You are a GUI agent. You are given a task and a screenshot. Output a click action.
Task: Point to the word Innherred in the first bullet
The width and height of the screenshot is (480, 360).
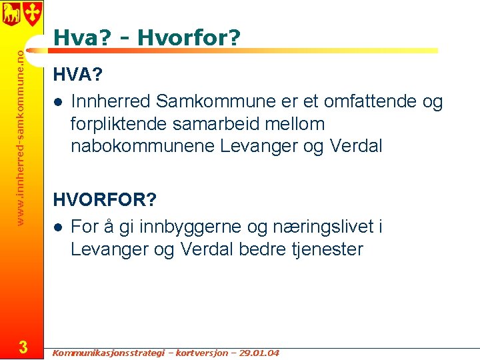[111, 102]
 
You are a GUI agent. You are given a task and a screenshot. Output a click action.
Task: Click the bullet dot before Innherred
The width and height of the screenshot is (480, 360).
[59, 103]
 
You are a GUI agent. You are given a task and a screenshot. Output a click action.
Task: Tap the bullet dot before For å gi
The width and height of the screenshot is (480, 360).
[59, 228]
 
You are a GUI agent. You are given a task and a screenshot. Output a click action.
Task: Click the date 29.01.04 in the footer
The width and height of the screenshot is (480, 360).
[257, 353]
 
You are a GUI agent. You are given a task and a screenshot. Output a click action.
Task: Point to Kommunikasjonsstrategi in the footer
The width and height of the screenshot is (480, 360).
[106, 353]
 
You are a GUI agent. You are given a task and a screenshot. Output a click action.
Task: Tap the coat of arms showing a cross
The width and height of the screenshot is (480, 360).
[33, 12]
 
